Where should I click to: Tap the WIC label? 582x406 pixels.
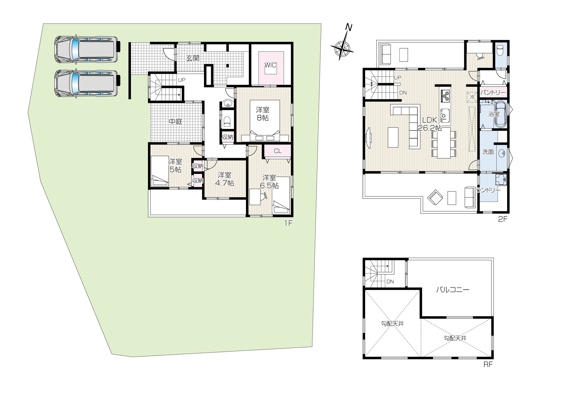pos(270,65)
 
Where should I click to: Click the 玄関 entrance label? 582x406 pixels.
pos(193,58)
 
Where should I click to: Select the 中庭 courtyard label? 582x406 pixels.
pos(175,122)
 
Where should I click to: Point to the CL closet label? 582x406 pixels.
pos(278,151)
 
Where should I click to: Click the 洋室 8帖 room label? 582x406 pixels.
pos(262,114)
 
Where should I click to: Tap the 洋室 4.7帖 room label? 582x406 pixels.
pos(225,179)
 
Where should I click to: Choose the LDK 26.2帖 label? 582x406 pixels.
pos(430,124)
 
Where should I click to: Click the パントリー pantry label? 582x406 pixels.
pos(493,93)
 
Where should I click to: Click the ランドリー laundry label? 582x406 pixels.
pos(488,190)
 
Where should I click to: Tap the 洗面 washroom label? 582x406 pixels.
pos(488,152)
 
